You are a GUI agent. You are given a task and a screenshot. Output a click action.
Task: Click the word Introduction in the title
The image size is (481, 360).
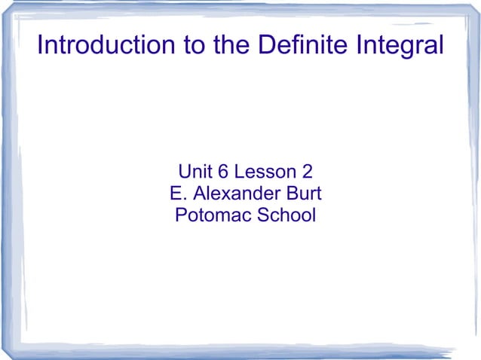coord(106,47)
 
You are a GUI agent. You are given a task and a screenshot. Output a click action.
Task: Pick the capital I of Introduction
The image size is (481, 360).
coord(40,47)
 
